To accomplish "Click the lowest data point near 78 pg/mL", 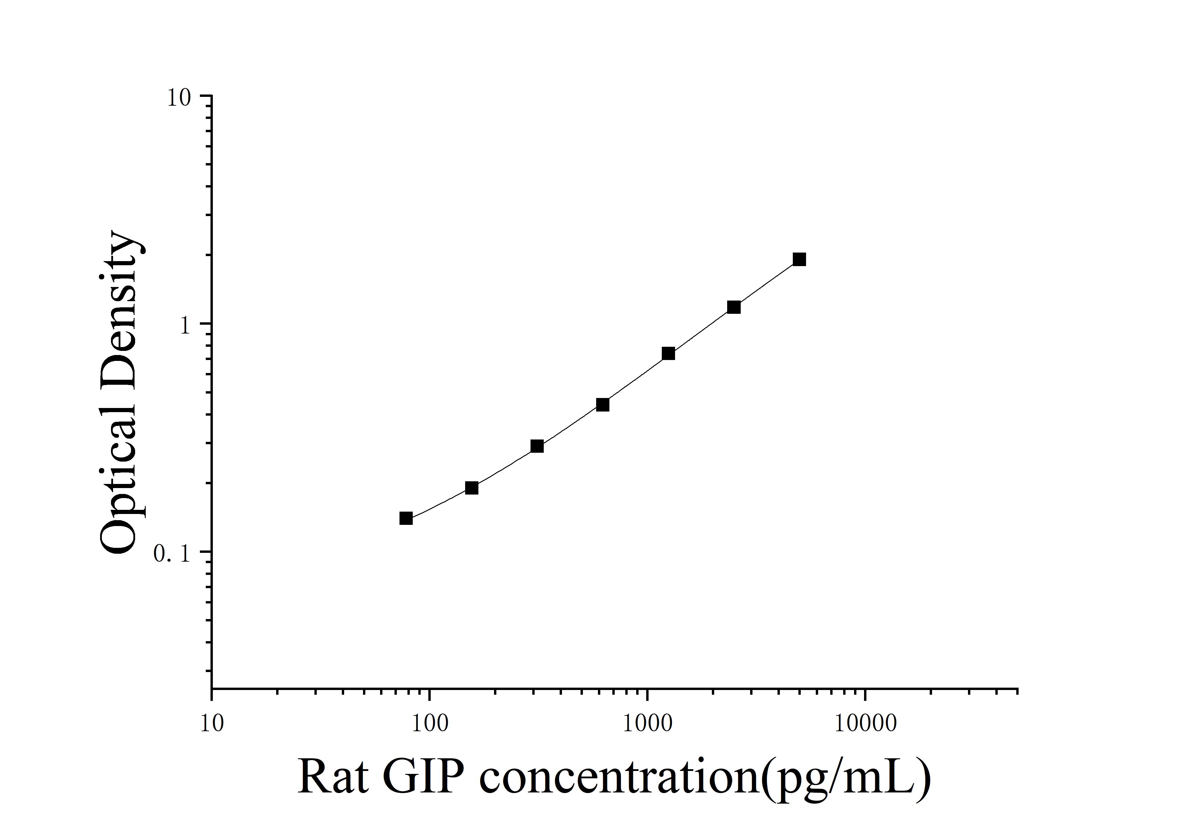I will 406,518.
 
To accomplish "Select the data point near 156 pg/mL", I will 472,488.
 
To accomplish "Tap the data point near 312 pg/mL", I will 537,446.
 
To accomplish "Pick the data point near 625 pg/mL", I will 603,404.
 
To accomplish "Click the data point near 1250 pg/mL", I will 668,354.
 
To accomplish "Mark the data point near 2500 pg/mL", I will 734,307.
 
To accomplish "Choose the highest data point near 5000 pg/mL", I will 800,259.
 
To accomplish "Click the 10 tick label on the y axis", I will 179,98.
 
